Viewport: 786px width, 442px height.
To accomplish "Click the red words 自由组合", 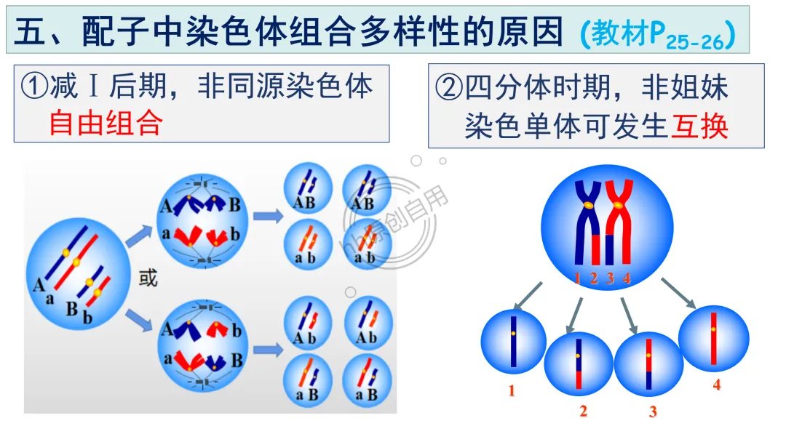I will tap(105, 123).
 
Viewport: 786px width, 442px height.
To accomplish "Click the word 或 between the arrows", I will tap(148, 278).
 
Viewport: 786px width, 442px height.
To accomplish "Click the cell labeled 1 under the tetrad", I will tap(513, 341).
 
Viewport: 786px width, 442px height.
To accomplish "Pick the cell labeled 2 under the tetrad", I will tap(579, 363).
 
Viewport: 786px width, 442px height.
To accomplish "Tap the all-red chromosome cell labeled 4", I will tap(713, 338).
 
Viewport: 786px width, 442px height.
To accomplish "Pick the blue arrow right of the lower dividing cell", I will tap(266, 350).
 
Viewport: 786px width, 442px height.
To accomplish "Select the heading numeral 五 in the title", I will tap(31, 32).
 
